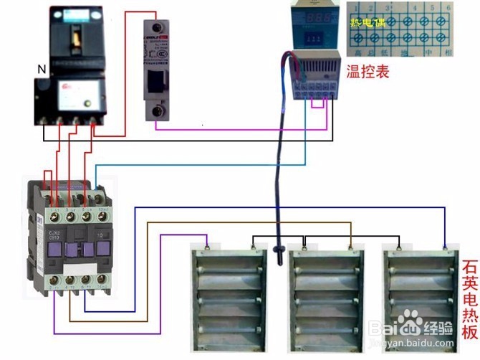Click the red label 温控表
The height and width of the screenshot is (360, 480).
[368, 72]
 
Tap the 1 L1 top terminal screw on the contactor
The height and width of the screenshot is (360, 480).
[54, 214]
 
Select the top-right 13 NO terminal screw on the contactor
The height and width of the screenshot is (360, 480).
[102, 214]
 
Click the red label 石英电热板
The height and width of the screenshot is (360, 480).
[469, 300]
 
